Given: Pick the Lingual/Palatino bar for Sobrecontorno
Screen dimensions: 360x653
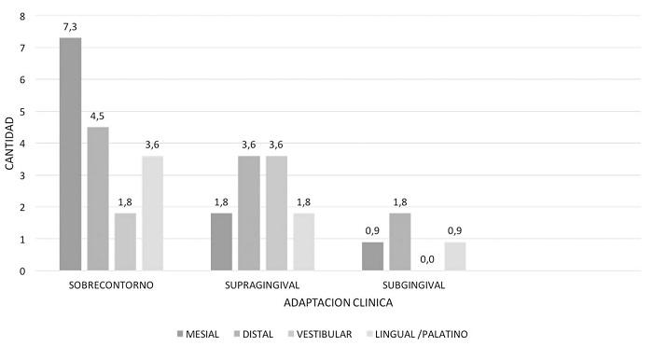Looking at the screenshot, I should point(152,214).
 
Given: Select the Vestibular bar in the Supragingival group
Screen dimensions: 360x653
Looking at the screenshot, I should point(275,214).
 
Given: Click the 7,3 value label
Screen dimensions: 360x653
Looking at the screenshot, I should point(70,27).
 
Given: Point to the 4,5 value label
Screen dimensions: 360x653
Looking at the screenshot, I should point(98,117).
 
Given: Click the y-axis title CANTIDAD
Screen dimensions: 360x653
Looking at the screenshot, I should point(10,144).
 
